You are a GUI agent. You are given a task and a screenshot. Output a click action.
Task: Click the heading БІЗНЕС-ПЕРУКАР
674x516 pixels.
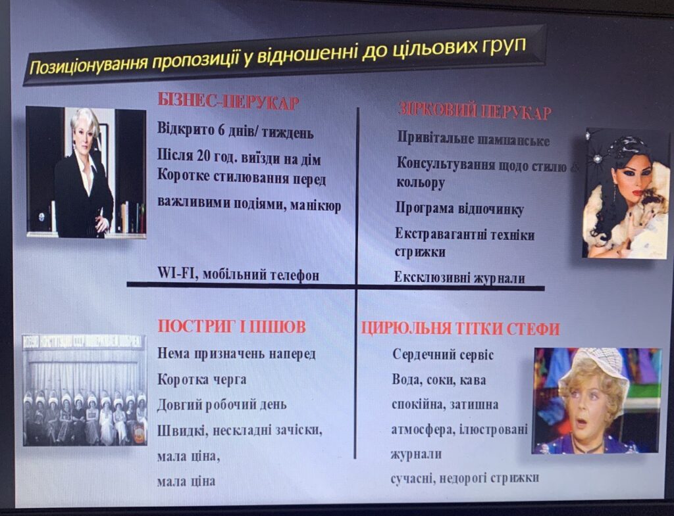click(228, 102)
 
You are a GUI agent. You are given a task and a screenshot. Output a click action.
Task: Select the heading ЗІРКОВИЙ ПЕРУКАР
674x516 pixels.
click(475, 110)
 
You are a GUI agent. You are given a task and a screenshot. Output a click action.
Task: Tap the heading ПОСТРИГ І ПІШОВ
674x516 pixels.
click(232, 327)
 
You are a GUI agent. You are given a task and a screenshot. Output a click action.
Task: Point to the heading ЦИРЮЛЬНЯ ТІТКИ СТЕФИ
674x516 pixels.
click(460, 329)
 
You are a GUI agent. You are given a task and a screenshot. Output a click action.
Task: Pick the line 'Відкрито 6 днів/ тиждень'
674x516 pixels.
click(236, 131)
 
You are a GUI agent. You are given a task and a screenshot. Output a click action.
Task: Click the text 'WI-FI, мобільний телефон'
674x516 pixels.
click(238, 274)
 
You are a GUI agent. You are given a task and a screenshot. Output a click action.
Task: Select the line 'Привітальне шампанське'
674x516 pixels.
click(473, 139)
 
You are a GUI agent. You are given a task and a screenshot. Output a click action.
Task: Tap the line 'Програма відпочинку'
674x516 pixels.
click(459, 209)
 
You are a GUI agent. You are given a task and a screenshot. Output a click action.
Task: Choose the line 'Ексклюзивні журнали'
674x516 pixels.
click(459, 278)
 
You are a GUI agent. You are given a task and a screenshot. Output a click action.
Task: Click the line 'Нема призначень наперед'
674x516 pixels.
click(236, 354)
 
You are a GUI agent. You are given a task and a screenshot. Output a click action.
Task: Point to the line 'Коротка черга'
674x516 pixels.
click(201, 379)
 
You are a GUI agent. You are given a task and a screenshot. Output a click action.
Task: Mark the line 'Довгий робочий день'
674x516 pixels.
click(222, 405)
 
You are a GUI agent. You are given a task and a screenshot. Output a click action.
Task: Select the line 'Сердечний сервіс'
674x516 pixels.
click(443, 354)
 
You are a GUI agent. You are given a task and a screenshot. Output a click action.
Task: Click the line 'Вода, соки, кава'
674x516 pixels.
click(439, 380)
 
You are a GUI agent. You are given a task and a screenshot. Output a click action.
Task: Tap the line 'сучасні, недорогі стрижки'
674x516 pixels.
click(465, 479)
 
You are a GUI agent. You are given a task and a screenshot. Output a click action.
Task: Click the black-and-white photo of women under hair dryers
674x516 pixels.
click(85, 390)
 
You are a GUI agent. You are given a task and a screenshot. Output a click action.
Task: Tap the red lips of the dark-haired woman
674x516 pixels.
click(638, 193)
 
